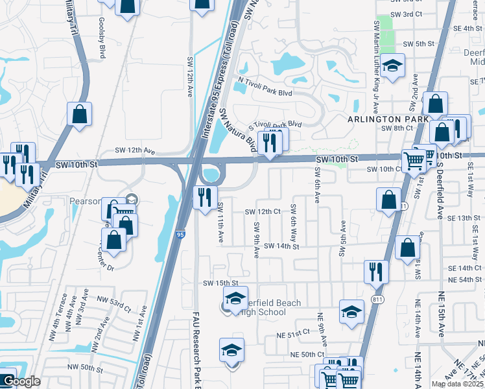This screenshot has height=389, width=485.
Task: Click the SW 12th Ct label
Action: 263,211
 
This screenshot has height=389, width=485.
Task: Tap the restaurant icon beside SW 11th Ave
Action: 206,196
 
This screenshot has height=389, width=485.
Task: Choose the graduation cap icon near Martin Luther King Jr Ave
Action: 392,65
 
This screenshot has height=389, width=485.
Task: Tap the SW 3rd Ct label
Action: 407,14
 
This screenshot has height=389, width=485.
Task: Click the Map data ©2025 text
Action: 457,384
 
